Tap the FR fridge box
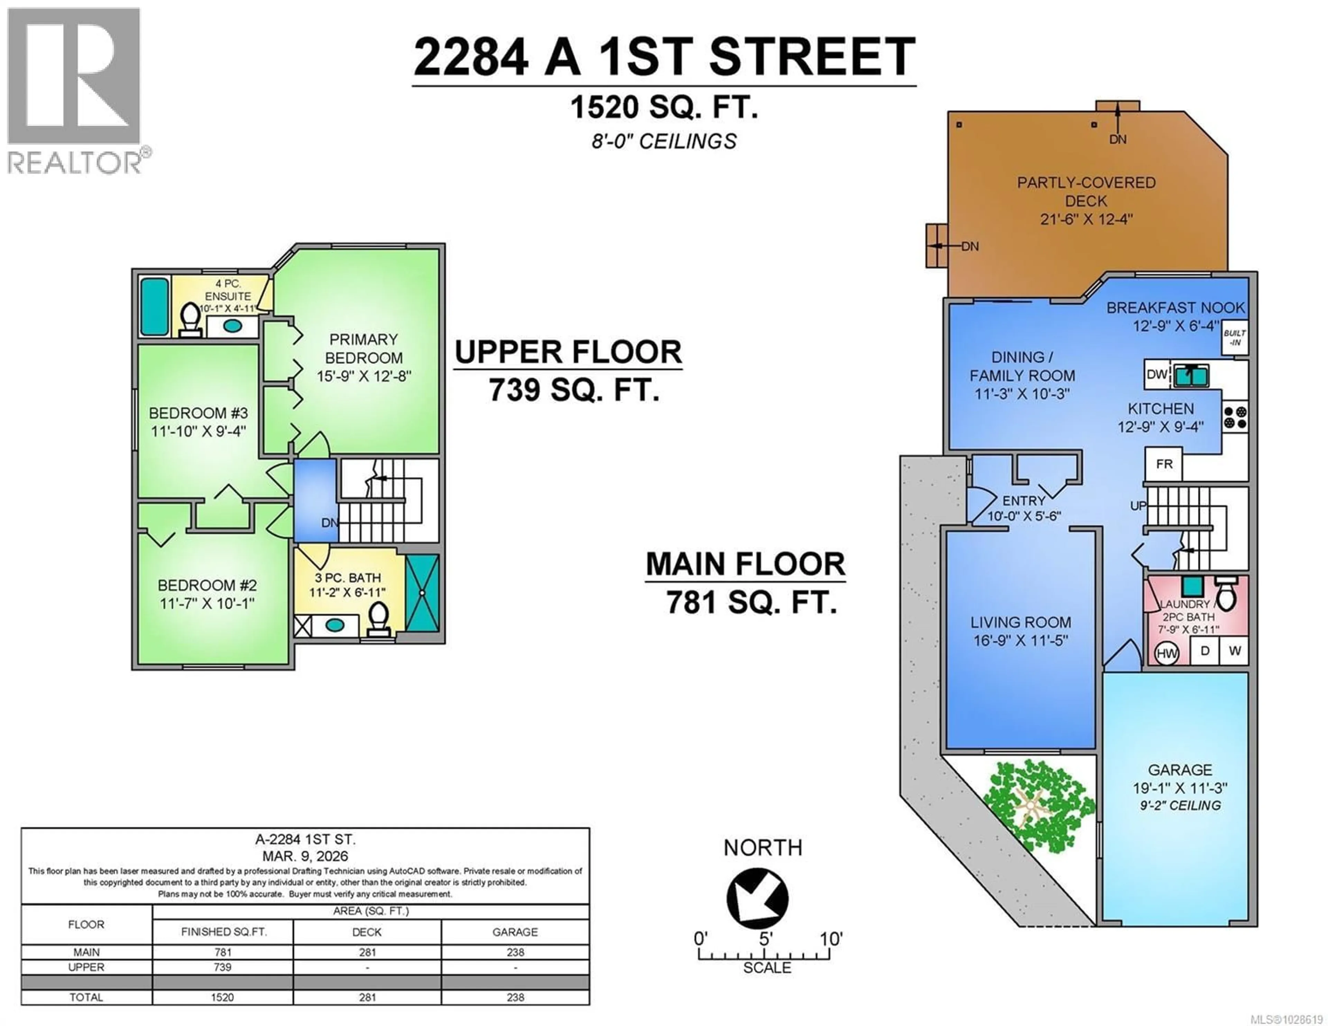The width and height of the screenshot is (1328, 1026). [x=1164, y=464]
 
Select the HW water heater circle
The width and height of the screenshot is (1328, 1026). [x=1166, y=653]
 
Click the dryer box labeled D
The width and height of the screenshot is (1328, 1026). [x=1205, y=651]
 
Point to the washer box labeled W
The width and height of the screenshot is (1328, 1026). [x=1234, y=651]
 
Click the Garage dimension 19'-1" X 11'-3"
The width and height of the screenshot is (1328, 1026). [x=1180, y=788]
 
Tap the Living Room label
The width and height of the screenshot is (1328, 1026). [x=1020, y=622]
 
